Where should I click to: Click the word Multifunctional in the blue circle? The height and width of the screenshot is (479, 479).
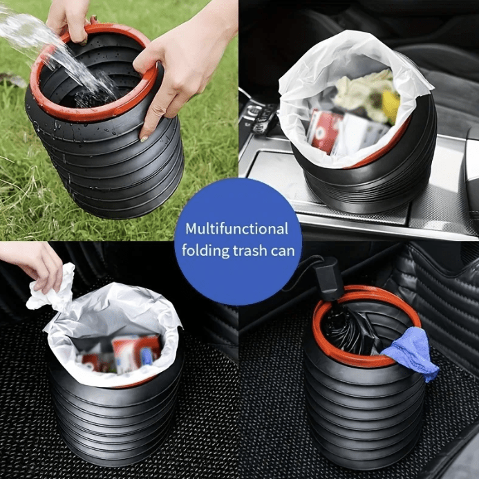tap(237, 229)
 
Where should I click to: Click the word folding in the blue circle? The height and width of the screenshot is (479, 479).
tap(205, 251)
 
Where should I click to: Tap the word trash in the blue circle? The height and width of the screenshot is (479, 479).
tap(250, 250)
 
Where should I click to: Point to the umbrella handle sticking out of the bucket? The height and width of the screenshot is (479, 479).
tap(327, 278)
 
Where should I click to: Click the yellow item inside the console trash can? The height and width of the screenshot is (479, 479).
tap(391, 105)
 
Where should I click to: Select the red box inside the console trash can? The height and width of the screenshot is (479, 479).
tap(323, 131)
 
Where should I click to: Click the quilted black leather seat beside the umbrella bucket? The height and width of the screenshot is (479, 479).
tap(446, 306)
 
